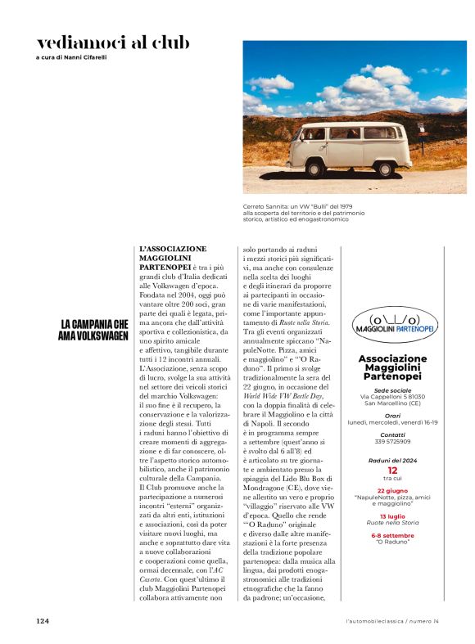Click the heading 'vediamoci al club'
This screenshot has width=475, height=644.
pyautogui.click(x=113, y=43)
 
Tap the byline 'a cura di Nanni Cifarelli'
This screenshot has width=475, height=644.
pyautogui.click(x=72, y=58)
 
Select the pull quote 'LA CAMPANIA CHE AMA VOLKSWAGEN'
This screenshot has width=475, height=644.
pyautogui.click(x=94, y=330)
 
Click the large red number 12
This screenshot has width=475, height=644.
pyautogui.click(x=392, y=471)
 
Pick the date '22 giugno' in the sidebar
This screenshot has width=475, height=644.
pyautogui.click(x=393, y=489)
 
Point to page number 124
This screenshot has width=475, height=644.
pyautogui.click(x=43, y=621)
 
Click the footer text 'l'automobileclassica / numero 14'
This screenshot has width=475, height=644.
pyautogui.click(x=392, y=621)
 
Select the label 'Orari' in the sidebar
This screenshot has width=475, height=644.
pyautogui.click(x=393, y=416)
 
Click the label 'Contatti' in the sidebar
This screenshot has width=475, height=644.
pyautogui.click(x=393, y=435)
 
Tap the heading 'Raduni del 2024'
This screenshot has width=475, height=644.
pyautogui.click(x=393, y=461)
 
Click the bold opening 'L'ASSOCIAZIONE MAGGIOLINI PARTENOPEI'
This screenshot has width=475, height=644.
pyautogui.click(x=173, y=258)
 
